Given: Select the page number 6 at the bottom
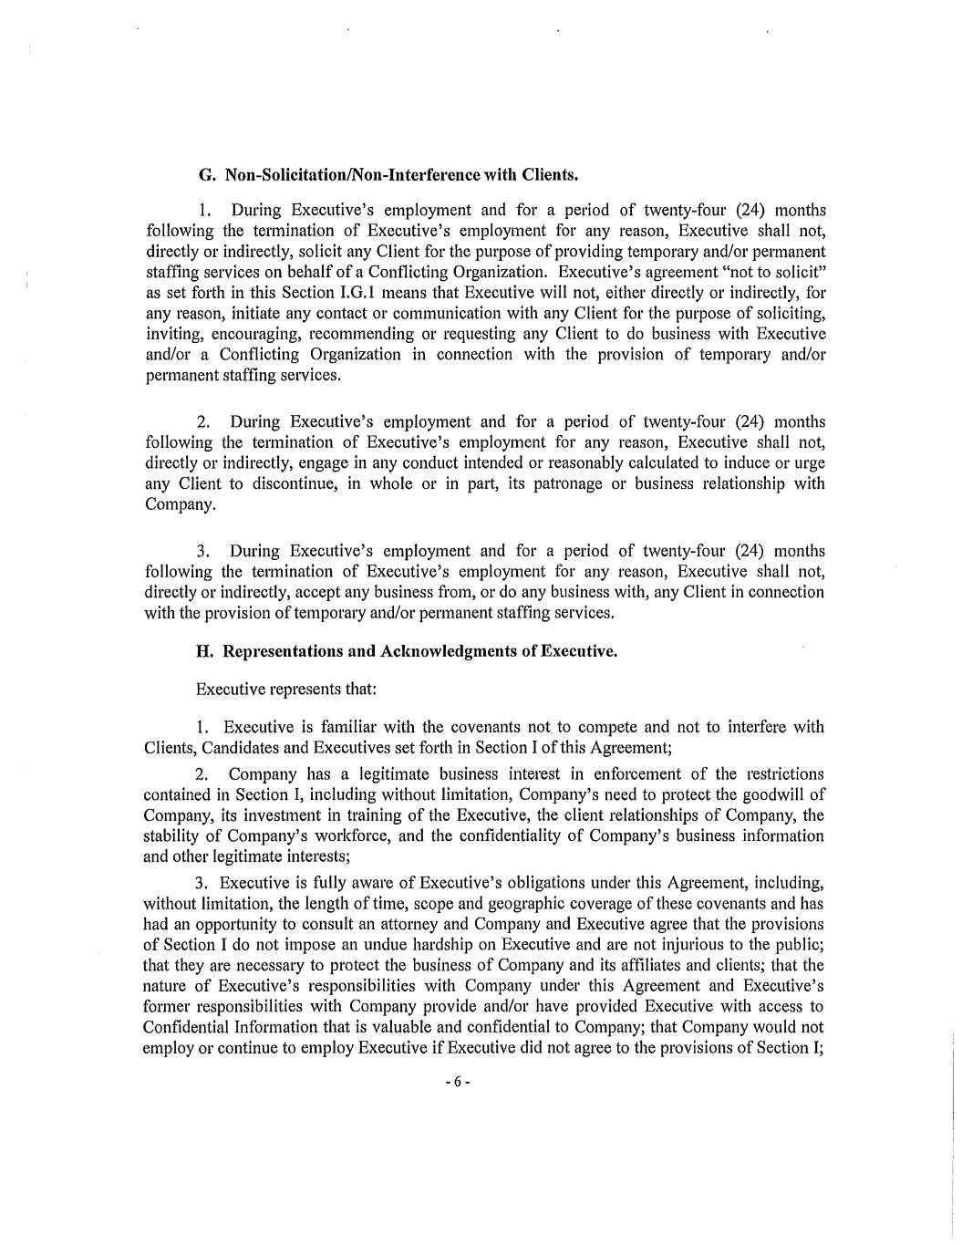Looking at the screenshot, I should [x=457, y=1083].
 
